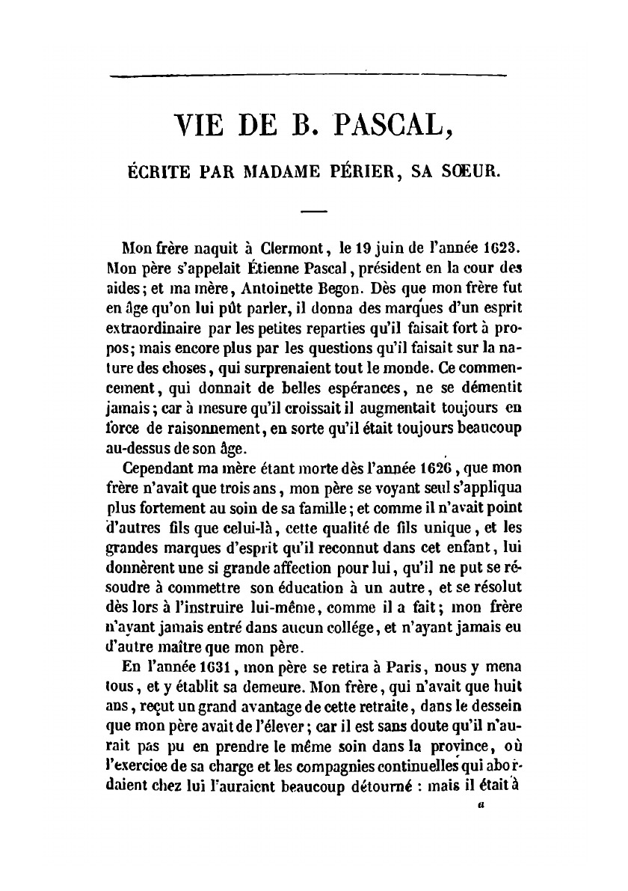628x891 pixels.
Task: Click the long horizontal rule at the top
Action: pyautogui.click(x=308, y=74)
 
